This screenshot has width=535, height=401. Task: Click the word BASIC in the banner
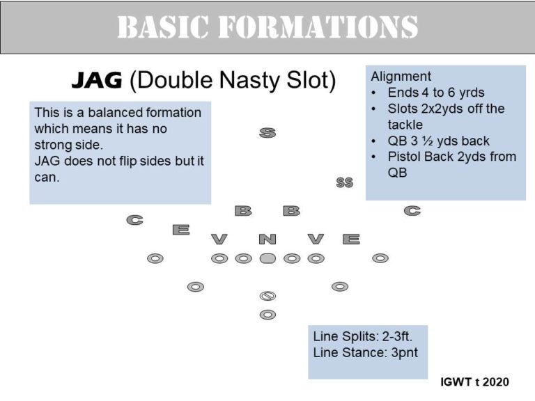163,27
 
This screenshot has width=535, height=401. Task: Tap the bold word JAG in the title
97,81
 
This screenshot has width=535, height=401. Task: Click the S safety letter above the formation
267,133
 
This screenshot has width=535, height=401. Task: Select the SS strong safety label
345,182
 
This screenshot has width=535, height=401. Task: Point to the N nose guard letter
267,239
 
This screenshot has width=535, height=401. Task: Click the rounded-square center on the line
267,258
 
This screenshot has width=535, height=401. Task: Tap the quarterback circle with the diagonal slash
267,296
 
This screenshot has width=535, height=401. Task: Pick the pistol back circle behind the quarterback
267,315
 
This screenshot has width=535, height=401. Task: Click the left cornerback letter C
134,220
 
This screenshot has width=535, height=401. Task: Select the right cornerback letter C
412,211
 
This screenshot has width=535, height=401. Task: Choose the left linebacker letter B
243,211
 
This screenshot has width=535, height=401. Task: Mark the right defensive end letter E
351,239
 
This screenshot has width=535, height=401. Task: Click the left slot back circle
196,287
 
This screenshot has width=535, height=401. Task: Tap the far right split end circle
380,258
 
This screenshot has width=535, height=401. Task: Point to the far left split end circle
155,258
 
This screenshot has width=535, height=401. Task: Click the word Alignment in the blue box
401,77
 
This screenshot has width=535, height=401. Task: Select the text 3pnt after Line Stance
405,353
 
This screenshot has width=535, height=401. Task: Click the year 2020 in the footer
496,382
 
